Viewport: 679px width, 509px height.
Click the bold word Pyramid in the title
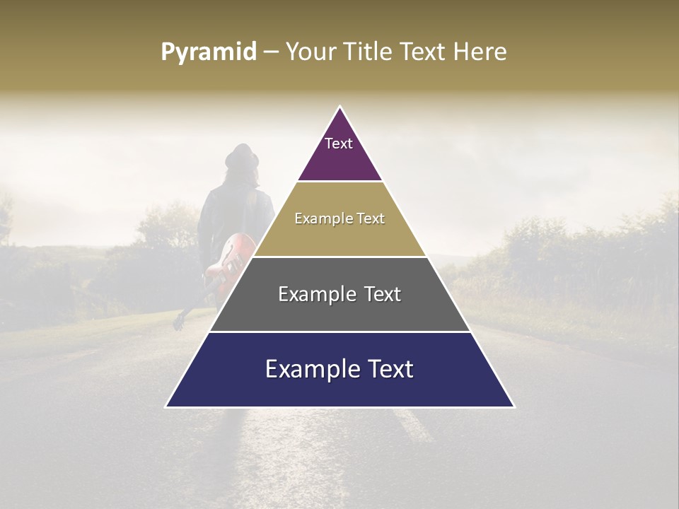(x=208, y=52)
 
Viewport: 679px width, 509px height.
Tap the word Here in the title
(x=481, y=52)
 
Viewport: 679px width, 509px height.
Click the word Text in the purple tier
(x=339, y=144)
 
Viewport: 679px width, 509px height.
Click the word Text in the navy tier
(x=385, y=369)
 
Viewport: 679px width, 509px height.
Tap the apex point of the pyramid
(x=340, y=107)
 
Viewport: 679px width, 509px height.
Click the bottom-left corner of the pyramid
(x=167, y=406)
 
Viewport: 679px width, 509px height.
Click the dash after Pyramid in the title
(x=271, y=52)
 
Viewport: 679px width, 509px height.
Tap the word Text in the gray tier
(x=378, y=294)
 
